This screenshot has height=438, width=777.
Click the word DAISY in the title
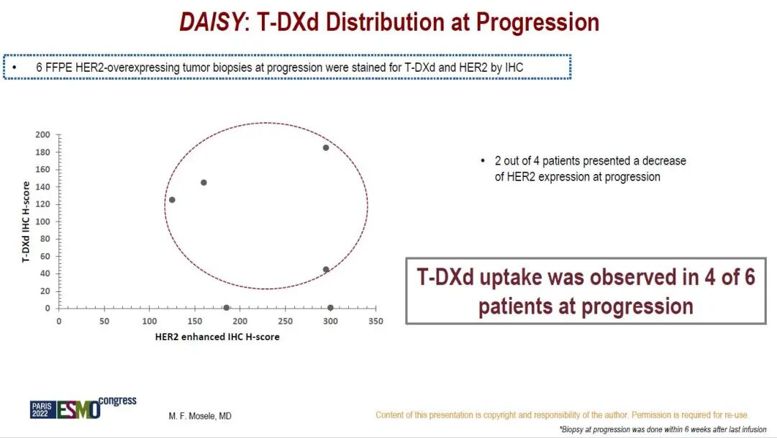pyautogui.click(x=212, y=22)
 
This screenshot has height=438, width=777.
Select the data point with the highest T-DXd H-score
pyautogui.click(x=326, y=147)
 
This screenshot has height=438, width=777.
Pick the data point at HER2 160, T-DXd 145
pyautogui.click(x=204, y=183)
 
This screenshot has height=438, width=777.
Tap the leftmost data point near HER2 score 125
pyautogui.click(x=172, y=200)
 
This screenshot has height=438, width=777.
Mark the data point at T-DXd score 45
pyautogui.click(x=326, y=270)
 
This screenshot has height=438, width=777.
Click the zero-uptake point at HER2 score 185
pyautogui.click(x=227, y=308)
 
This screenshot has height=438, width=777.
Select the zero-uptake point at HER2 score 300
pyautogui.click(x=330, y=308)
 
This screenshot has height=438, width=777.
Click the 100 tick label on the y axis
pyautogui.click(x=42, y=222)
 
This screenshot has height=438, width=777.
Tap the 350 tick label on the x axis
pyautogui.click(x=376, y=321)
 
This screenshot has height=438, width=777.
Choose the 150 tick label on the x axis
pyautogui.click(x=195, y=321)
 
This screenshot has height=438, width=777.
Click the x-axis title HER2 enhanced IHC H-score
pyautogui.click(x=217, y=337)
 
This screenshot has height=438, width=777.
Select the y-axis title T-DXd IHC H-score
pyautogui.click(x=26, y=222)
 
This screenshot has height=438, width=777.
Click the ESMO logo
pyautogui.click(x=79, y=410)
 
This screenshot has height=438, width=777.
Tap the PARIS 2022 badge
pyautogui.click(x=42, y=410)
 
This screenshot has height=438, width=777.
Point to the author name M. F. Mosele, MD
pyautogui.click(x=200, y=416)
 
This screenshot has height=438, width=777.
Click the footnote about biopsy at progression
pyautogui.click(x=663, y=429)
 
